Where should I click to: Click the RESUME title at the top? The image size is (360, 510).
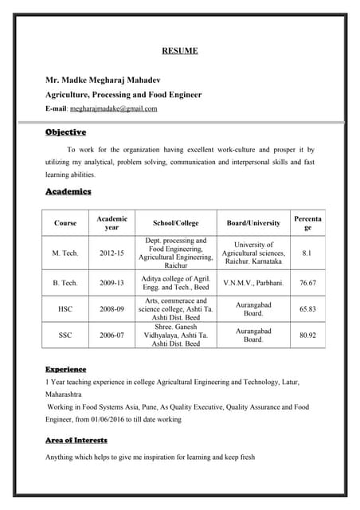[x=180, y=52]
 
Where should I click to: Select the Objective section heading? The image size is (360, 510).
[x=65, y=132]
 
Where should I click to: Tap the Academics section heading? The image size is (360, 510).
[x=68, y=192]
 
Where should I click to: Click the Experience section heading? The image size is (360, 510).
[x=65, y=370]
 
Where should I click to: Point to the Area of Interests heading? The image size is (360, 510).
[x=76, y=440]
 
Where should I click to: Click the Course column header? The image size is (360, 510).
[x=65, y=223]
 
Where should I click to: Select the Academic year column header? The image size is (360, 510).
[x=112, y=223]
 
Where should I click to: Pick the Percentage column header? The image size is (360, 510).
[x=307, y=222]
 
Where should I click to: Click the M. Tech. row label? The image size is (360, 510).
[x=65, y=253]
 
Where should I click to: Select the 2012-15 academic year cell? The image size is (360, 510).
[x=112, y=253]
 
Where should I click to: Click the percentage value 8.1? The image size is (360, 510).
[x=307, y=253]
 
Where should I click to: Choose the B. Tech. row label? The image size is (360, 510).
[x=65, y=283]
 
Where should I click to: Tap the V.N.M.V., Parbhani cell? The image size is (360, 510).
[x=253, y=283]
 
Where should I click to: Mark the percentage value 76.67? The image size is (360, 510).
[x=307, y=283]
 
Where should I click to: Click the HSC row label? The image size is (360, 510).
[x=65, y=308]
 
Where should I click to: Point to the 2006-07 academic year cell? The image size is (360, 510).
[x=112, y=335]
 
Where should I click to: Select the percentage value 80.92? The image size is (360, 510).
[x=307, y=335]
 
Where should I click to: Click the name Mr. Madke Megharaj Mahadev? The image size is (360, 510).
[x=112, y=80]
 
